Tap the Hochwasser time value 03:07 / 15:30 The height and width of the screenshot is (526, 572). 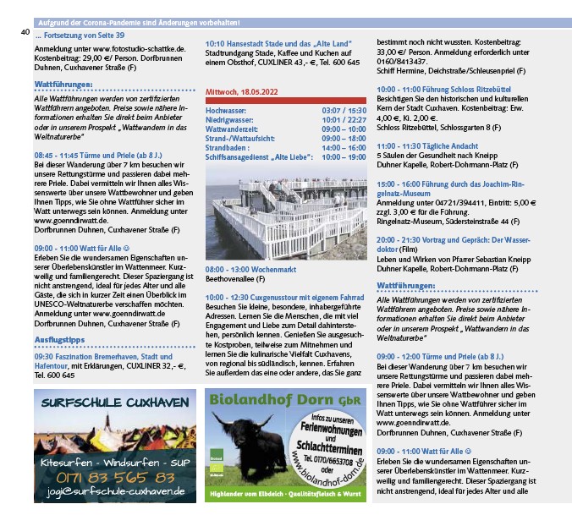344,111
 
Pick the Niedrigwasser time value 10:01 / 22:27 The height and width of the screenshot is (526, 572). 344,120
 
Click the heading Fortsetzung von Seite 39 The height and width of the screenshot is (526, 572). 80,36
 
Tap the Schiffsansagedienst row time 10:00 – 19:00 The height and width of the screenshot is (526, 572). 344,156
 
